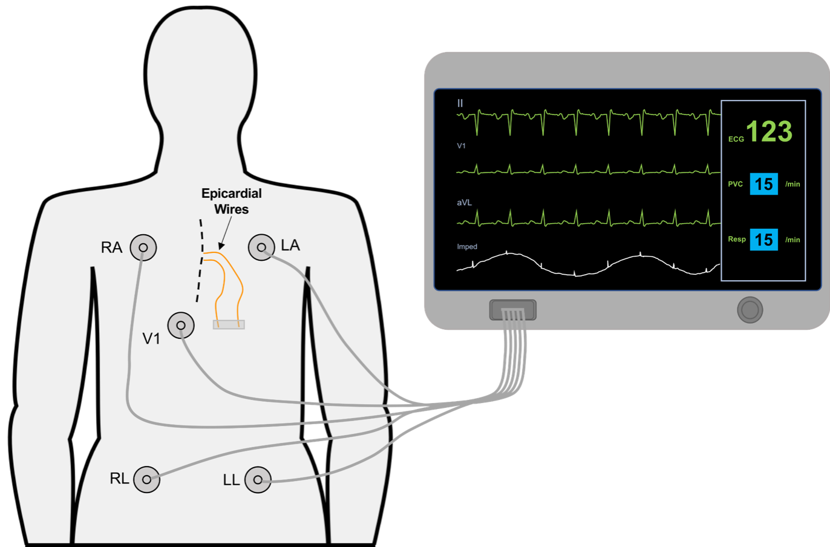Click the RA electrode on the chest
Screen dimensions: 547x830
[x=143, y=247]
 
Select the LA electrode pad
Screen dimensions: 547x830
[x=261, y=247]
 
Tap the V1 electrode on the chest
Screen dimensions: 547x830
[x=181, y=326]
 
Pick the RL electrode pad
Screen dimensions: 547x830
[x=146, y=479]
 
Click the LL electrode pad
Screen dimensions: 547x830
[x=258, y=479]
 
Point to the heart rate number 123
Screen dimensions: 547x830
[x=769, y=131]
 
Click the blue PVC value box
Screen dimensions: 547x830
[x=763, y=184]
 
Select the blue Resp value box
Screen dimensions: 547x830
[x=763, y=240]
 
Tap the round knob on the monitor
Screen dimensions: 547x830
[x=750, y=310]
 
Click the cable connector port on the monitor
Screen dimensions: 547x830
[x=512, y=310]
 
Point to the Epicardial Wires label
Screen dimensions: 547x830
[x=231, y=201]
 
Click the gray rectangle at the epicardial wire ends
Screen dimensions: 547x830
[x=229, y=325]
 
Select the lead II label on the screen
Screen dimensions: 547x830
[x=460, y=103]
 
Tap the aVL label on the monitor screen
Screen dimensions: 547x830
[x=464, y=203]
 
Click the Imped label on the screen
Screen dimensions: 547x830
[x=467, y=247]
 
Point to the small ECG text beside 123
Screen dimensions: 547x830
[x=736, y=139]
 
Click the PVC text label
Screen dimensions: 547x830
[x=735, y=184]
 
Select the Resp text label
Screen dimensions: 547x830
[x=736, y=240]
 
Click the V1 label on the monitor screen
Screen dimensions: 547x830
[x=461, y=146]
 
